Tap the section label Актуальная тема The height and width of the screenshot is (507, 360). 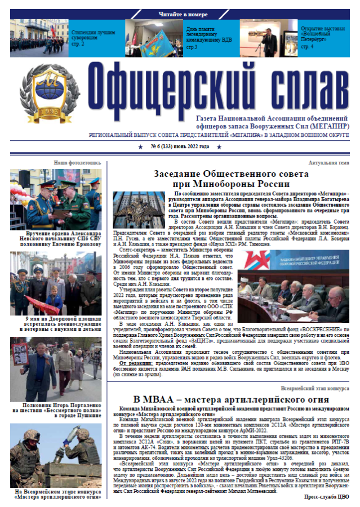(x=329, y=162)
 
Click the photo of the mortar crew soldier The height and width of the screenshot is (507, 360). (x=56, y=453)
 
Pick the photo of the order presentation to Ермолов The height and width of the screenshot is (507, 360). (x=56, y=199)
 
